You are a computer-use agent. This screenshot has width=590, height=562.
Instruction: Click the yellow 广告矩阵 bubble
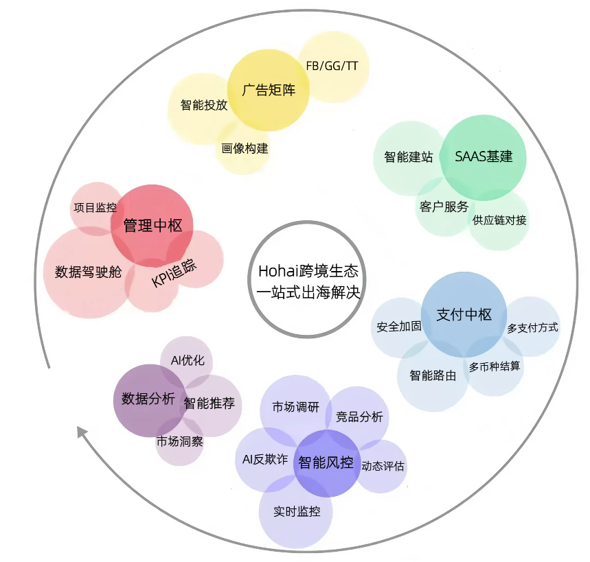tap(269, 90)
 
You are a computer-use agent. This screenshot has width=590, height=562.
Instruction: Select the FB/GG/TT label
tap(332, 66)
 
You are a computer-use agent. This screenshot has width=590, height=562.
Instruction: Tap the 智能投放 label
tap(204, 105)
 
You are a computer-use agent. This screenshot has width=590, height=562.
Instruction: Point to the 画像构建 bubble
tap(243, 148)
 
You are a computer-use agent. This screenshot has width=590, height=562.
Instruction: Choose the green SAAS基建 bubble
tap(483, 158)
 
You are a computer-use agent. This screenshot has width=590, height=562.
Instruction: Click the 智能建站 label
tap(409, 156)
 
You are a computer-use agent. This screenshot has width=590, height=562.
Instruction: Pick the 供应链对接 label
tap(499, 220)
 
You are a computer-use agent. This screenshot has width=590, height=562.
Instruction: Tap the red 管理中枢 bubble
tap(152, 226)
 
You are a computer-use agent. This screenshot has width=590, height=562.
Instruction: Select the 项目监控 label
tap(95, 207)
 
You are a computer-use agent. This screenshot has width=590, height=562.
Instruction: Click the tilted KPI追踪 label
tap(174, 273)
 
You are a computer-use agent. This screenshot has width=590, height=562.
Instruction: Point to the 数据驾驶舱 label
tap(89, 272)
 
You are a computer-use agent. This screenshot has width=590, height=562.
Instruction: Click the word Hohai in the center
tap(274, 271)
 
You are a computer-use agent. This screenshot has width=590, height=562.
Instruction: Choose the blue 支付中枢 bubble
tap(464, 315)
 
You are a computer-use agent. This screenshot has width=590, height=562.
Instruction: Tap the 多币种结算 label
tap(495, 366)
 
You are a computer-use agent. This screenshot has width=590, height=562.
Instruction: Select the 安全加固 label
tap(399, 327)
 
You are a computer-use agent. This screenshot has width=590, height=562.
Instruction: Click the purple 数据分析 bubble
tap(149, 400)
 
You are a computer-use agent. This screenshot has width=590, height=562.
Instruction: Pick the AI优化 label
tap(188, 360)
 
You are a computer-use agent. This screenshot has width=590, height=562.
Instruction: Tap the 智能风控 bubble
tap(326, 463)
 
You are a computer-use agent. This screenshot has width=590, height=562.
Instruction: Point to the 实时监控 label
tap(297, 512)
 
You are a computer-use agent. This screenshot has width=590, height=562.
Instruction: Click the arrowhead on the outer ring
tap(82, 432)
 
